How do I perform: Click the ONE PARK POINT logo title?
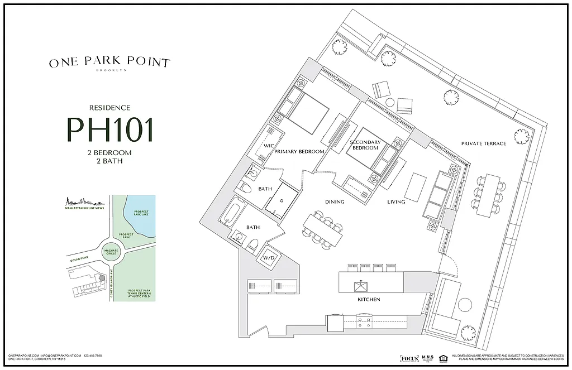tap(109, 63)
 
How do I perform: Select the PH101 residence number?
tap(109, 129)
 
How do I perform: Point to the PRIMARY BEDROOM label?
tap(299, 151)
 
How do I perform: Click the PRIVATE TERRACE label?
tap(483, 143)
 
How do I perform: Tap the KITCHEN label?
tap(368, 300)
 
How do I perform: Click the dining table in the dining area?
tap(323, 229)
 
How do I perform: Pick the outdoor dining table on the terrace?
tap(487, 195)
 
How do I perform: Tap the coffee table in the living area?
tap(414, 186)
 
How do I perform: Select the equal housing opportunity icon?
tap(443, 358)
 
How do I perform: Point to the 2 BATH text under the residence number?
tap(109, 161)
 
